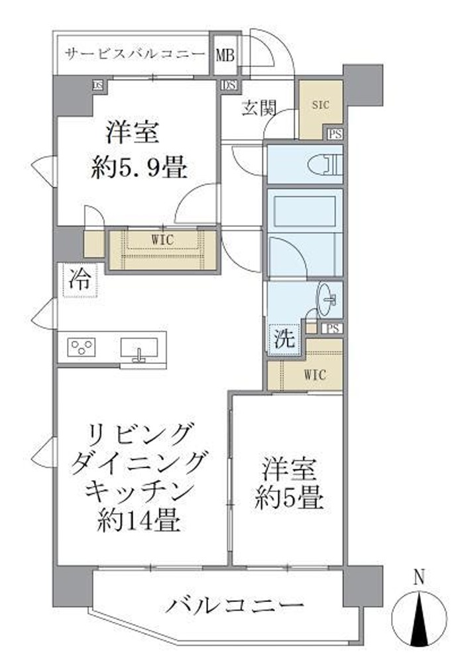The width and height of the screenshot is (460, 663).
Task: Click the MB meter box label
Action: point(224,54)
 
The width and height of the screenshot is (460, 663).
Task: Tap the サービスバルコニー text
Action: point(135,52)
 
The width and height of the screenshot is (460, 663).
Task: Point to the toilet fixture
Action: point(329,164)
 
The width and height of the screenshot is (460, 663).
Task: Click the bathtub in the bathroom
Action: point(304,212)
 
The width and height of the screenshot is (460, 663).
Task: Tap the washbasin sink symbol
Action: point(327,301)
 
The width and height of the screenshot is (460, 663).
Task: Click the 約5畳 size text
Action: point(289,499)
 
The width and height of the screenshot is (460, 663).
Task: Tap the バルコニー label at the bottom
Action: point(235,604)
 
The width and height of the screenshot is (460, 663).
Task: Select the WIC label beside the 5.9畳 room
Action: point(162,240)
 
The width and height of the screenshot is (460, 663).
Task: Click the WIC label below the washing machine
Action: point(315,375)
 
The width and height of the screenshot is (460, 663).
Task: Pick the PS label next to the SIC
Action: point(336,135)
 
